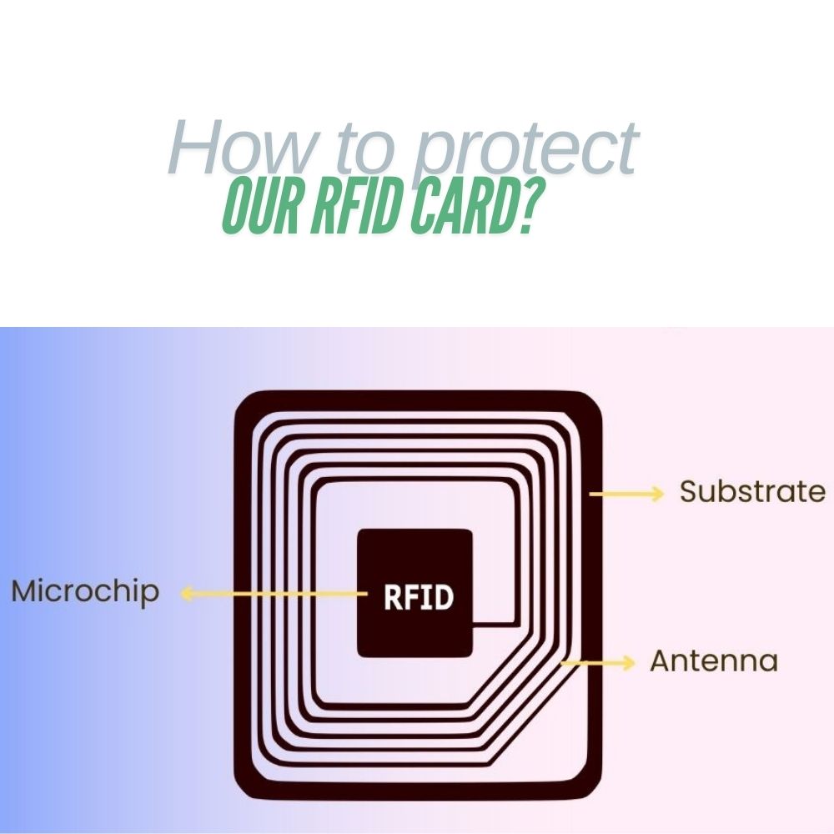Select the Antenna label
(714, 661)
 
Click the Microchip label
(84, 592)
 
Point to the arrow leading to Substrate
(626, 494)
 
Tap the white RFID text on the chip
(419, 597)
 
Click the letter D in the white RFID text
(444, 597)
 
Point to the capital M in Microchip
(25, 591)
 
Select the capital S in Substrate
(688, 491)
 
